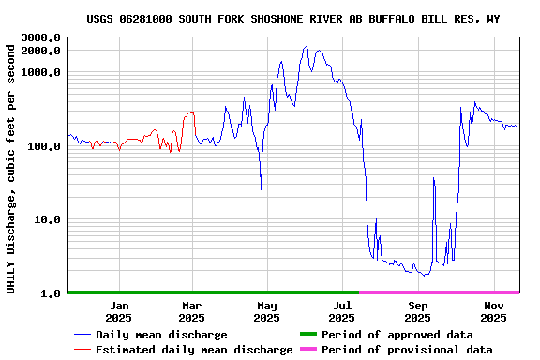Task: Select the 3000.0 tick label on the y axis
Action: tap(41, 37)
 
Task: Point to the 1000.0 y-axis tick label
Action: tap(41, 72)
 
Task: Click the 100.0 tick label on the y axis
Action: tap(44, 146)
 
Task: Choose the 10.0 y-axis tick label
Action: tap(47, 219)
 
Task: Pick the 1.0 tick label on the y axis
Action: tap(51, 293)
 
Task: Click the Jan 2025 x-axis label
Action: tap(119, 311)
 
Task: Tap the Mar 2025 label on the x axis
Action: tap(191, 311)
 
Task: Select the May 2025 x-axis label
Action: tap(267, 311)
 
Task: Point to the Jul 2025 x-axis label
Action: tap(342, 311)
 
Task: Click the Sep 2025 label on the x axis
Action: tap(418, 311)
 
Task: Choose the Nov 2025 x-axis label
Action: tap(494, 311)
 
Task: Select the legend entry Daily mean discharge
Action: tap(161, 335)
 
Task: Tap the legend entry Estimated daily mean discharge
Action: tap(194, 350)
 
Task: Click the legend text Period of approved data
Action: tap(397, 335)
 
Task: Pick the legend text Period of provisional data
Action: tap(407, 350)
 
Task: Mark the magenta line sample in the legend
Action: tap(307, 350)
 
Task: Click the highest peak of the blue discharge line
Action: tap(307, 45)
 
